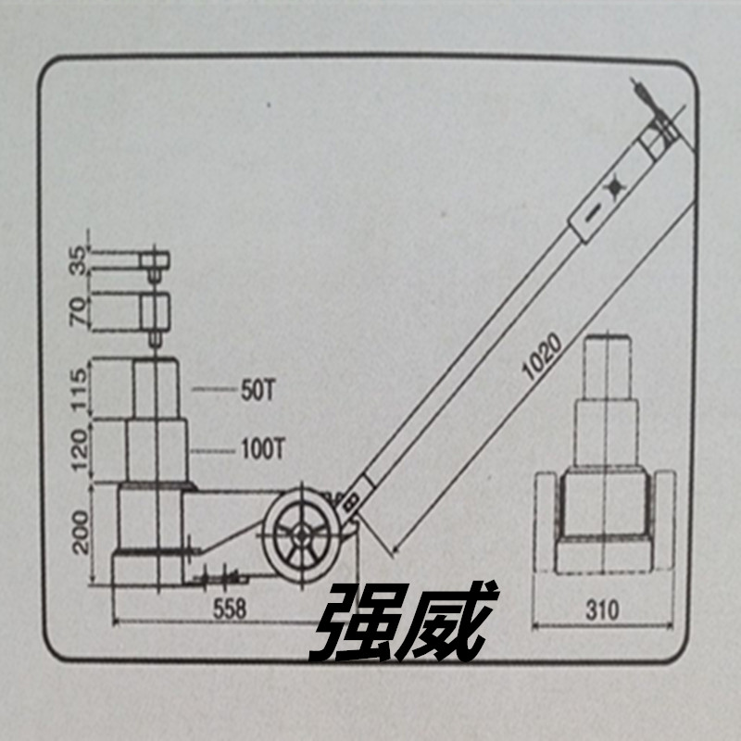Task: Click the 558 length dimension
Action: (230, 609)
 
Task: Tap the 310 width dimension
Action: (602, 610)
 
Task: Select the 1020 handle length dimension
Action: (543, 356)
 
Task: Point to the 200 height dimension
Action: (81, 532)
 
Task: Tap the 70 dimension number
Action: (79, 310)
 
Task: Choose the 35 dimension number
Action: (79, 260)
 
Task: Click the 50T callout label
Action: (257, 391)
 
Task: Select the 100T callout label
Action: (263, 449)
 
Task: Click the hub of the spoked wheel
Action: (301, 535)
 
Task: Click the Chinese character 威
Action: (446, 621)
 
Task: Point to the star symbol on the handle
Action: (614, 187)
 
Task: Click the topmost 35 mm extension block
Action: (155, 260)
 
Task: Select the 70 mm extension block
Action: (155, 312)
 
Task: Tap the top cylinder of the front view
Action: (608, 367)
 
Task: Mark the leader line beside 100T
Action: (213, 451)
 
